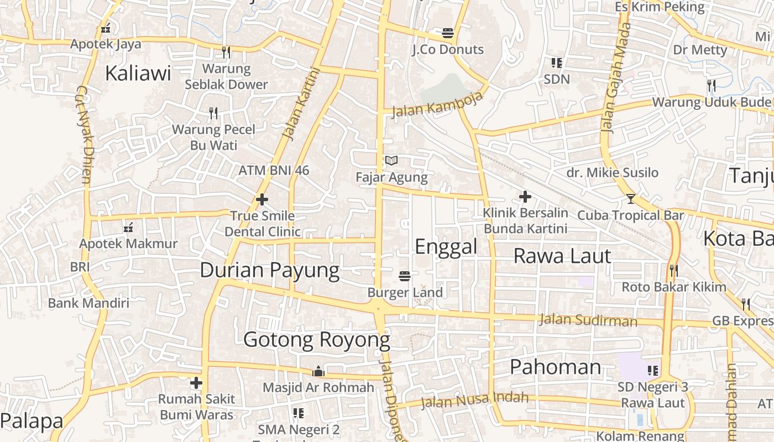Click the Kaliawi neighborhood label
click(x=138, y=73)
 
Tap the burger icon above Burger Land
click(x=405, y=276)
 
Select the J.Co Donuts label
click(x=448, y=50)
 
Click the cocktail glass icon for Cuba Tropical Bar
click(x=630, y=199)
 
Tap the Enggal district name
click(x=446, y=246)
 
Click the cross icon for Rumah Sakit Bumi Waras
click(x=196, y=382)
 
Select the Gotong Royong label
click(x=317, y=340)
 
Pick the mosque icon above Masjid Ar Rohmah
click(x=318, y=371)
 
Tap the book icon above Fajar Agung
click(x=391, y=161)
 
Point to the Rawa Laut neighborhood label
click(x=562, y=256)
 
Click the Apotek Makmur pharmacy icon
click(x=128, y=227)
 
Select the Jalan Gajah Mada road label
click(x=615, y=77)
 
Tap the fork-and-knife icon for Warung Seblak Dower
click(x=226, y=52)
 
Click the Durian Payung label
click(x=269, y=270)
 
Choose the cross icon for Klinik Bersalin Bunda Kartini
click(x=525, y=197)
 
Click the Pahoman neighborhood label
click(x=555, y=367)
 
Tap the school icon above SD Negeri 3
click(x=653, y=371)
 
